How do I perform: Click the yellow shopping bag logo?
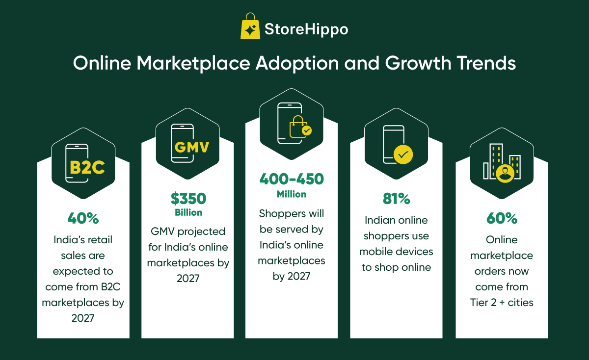pyautogui.click(x=250, y=26)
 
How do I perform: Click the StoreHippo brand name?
pyautogui.click(x=306, y=29)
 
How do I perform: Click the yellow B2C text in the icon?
pyautogui.click(x=87, y=167)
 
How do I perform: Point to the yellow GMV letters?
pyautogui.click(x=192, y=147)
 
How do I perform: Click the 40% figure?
pyautogui.click(x=83, y=218)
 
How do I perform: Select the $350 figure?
pyautogui.click(x=188, y=199)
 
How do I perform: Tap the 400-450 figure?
pyautogui.click(x=292, y=179)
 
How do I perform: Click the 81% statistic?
pyautogui.click(x=396, y=199)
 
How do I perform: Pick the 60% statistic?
pyautogui.click(x=502, y=218)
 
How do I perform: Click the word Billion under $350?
pyautogui.click(x=188, y=212)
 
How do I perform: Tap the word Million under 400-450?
pyautogui.click(x=292, y=194)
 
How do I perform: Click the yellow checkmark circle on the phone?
pyautogui.click(x=403, y=154)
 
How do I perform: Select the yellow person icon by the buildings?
pyautogui.click(x=505, y=174)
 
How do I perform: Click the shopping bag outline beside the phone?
pyautogui.click(x=298, y=127)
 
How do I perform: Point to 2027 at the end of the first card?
pyautogui.click(x=83, y=318)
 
